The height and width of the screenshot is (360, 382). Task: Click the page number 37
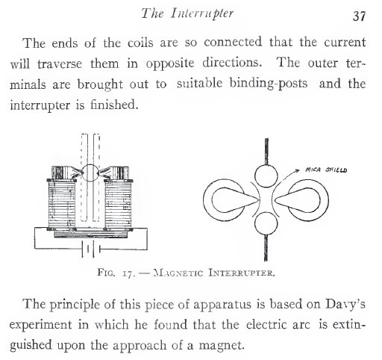point(359,16)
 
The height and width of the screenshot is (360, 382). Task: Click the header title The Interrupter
point(187,13)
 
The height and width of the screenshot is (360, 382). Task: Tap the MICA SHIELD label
point(326,170)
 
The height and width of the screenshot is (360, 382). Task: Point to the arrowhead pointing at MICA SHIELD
point(297,170)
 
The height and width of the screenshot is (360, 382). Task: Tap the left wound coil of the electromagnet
point(61,205)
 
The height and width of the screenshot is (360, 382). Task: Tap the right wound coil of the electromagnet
point(118,205)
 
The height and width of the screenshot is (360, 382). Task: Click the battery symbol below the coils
point(90,249)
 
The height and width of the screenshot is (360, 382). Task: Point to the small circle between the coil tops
point(90,173)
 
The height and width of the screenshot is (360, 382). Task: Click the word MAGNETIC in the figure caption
point(178,273)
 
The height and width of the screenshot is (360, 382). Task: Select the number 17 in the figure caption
point(128,273)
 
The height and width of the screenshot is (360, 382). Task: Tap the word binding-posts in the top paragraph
point(269,84)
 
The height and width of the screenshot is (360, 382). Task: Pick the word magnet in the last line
point(221,346)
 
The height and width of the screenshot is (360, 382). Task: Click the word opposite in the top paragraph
point(170,63)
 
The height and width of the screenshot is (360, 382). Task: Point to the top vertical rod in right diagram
point(266,152)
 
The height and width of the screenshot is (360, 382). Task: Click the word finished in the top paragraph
point(114,104)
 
